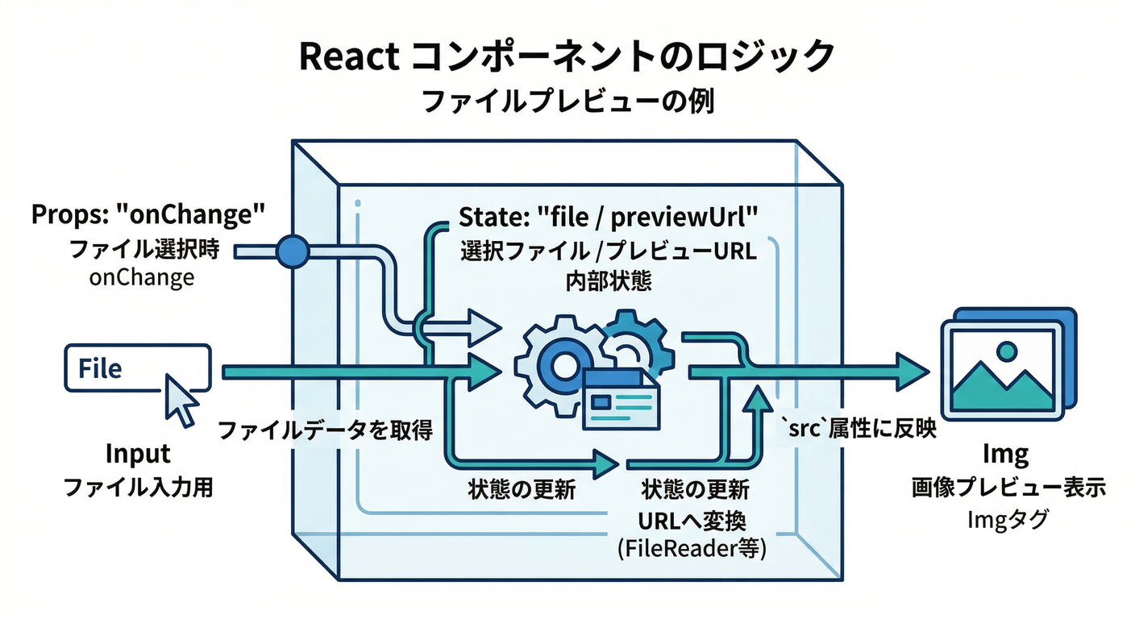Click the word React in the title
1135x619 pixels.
(349, 58)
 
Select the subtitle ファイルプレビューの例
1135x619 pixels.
(567, 102)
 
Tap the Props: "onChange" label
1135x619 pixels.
(148, 215)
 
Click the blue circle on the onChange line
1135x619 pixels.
(292, 252)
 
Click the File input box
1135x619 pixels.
(136, 368)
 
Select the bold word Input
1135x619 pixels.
(138, 454)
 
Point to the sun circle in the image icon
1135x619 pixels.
(1005, 351)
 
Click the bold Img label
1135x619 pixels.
(1007, 455)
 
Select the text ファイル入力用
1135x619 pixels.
(138, 487)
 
